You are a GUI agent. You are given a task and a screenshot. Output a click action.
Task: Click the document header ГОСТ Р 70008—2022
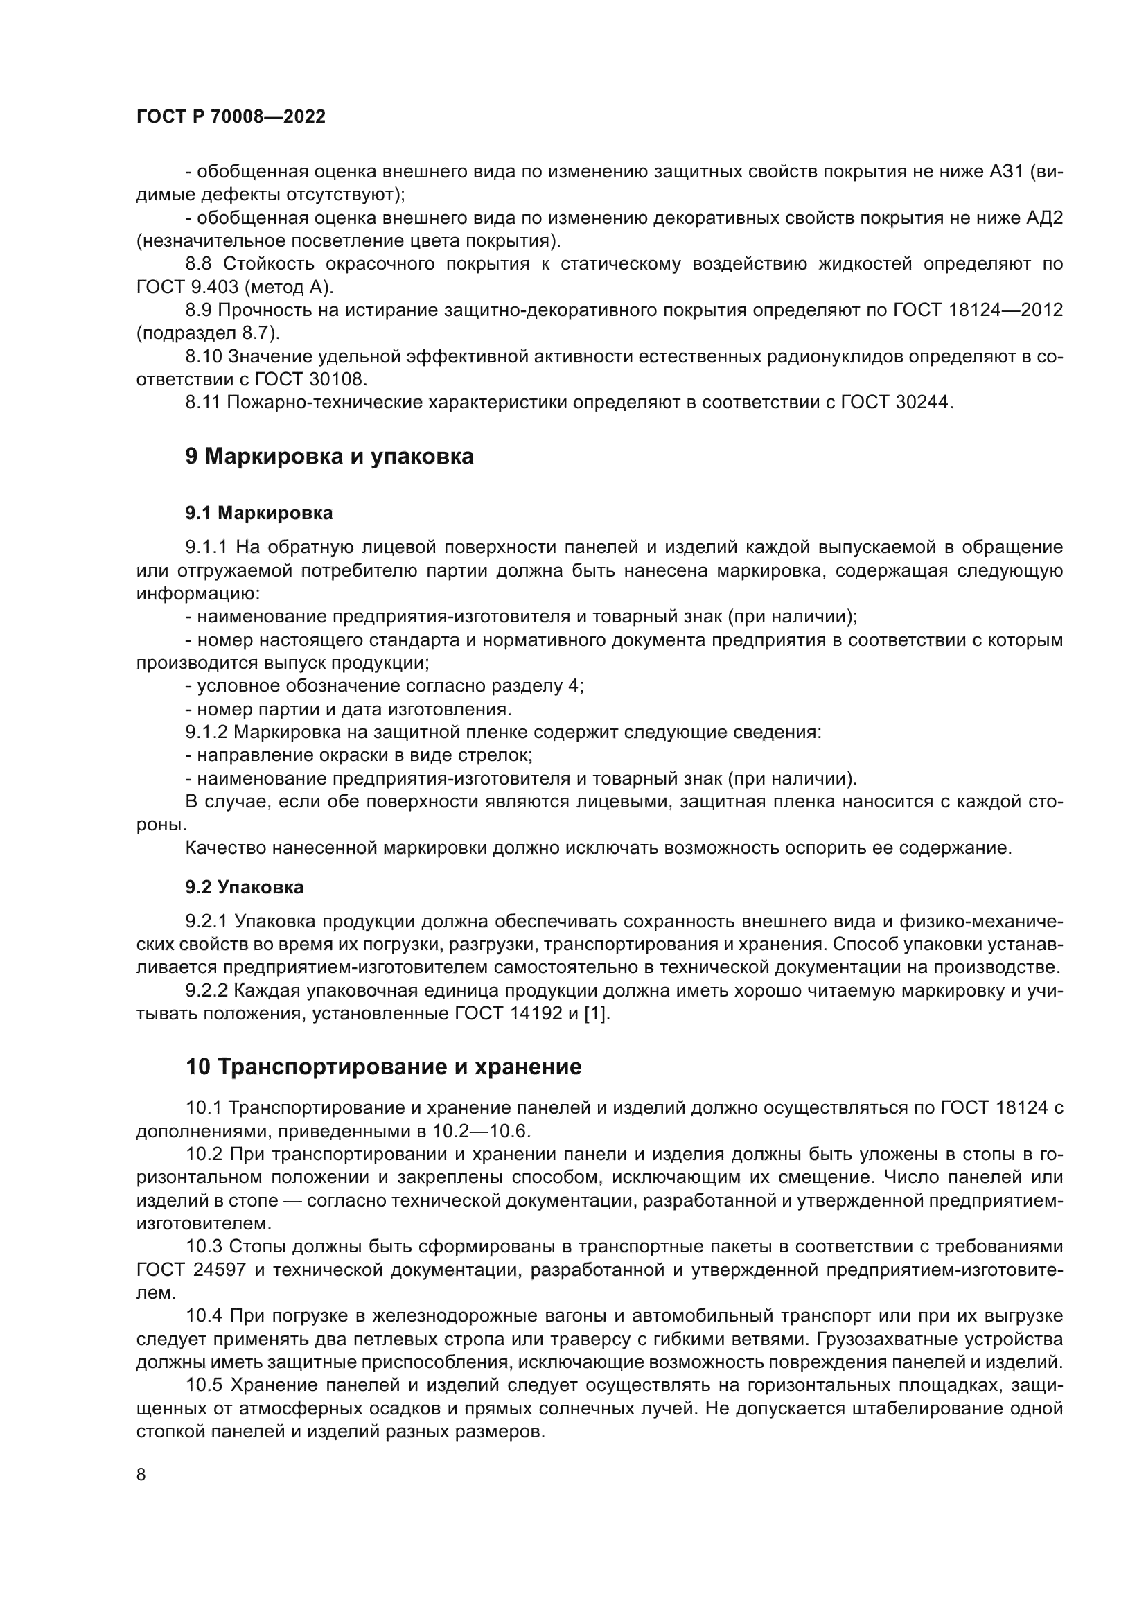coord(231,117)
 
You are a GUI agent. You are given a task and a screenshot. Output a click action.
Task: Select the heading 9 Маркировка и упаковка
coord(329,457)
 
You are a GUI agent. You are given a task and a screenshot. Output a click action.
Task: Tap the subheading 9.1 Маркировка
coord(259,514)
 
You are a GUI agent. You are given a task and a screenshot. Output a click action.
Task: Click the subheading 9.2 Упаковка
coord(244,888)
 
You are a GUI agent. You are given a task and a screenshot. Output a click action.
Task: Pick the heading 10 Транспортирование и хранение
coord(383,1067)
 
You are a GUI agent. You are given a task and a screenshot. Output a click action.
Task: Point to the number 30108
coord(337,380)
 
